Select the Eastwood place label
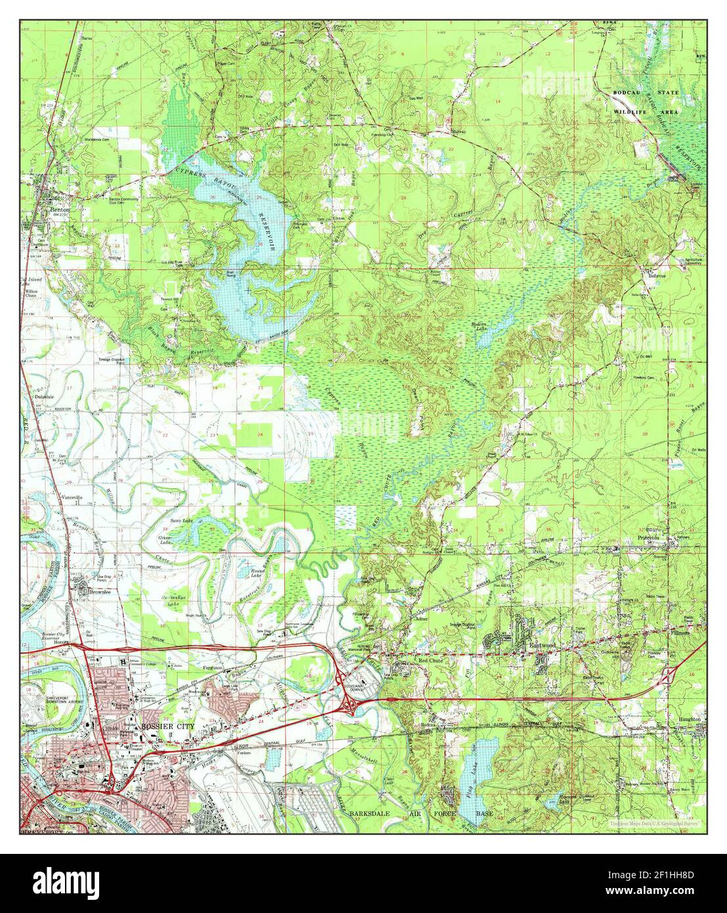click(542, 646)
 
